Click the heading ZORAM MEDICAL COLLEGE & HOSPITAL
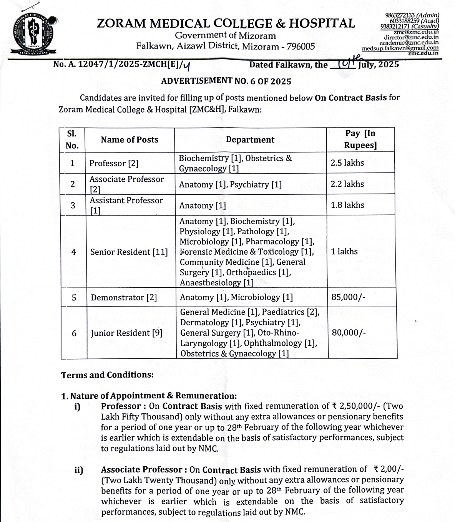(226, 23)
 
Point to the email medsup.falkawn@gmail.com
(400, 48)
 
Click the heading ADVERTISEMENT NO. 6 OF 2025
(226, 81)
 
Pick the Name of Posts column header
(130, 140)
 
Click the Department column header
(250, 140)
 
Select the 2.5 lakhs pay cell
(347, 163)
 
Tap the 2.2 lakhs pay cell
(347, 184)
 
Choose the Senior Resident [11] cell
(129, 252)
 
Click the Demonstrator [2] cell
(124, 298)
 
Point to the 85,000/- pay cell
(348, 297)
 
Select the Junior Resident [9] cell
(126, 333)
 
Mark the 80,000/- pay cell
(349, 333)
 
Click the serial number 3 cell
(73, 205)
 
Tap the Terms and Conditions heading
(107, 375)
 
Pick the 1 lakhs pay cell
(344, 252)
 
